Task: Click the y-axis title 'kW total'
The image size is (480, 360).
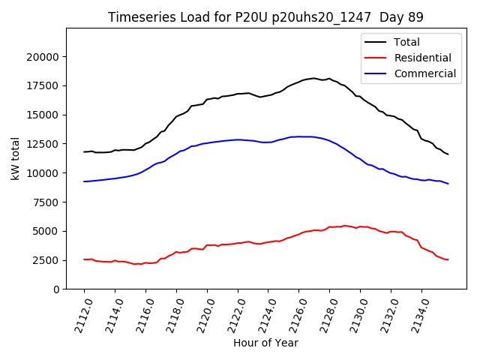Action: tap(15, 158)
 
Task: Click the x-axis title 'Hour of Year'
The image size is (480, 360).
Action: tap(265, 343)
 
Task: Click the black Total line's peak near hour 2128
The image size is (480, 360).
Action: tap(328, 78)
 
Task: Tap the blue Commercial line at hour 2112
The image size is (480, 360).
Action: tap(84, 181)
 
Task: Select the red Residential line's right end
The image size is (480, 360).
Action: tap(448, 259)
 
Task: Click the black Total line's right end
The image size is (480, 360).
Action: tap(448, 154)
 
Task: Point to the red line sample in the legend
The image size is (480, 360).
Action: tap(376, 58)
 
